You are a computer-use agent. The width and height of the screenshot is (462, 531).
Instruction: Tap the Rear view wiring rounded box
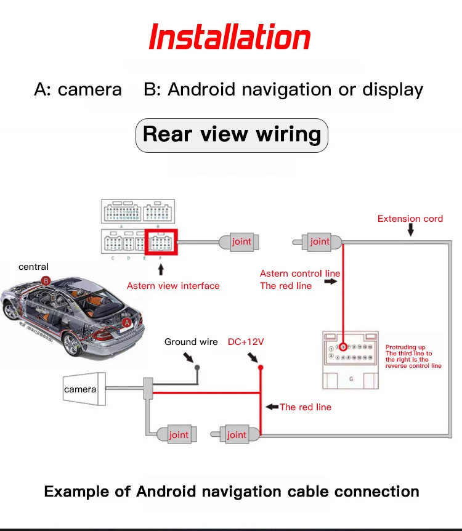pos(232,135)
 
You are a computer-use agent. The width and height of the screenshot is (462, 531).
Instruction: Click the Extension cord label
pos(410,219)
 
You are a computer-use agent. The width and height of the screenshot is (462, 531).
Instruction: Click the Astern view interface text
pos(173,286)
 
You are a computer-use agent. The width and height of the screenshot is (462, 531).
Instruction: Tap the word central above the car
pos(33,267)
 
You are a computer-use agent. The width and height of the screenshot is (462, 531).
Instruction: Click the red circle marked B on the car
pos(45,280)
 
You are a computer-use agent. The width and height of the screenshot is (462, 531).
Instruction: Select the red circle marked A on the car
pos(126,322)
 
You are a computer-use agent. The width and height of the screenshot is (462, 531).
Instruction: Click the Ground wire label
pos(191,342)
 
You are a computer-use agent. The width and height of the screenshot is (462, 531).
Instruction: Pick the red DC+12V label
pos(246,342)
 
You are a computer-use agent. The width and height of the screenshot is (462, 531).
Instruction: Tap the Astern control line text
pos(300,274)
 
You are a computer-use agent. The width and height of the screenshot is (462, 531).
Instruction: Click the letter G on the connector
pos(351,379)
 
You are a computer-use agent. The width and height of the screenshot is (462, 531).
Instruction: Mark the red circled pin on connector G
pos(344,347)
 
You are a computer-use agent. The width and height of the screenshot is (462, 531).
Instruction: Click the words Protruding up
pos(405,347)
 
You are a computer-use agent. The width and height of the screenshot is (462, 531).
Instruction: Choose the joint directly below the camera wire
pos(178,435)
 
